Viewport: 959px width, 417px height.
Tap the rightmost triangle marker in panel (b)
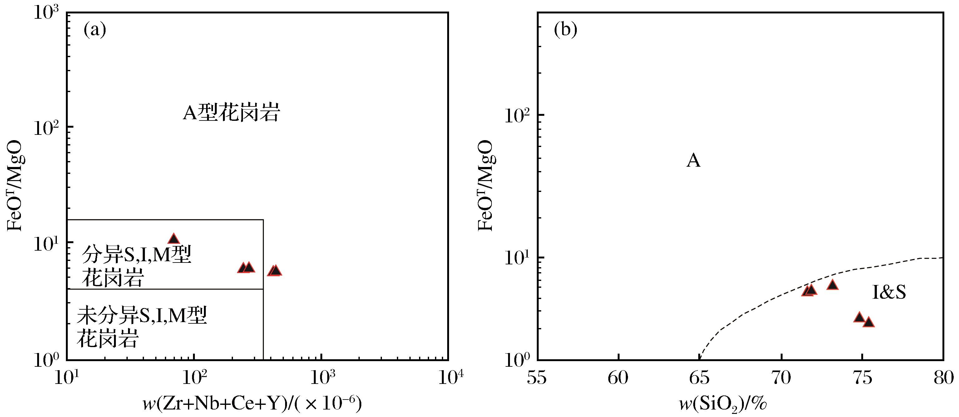point(868,322)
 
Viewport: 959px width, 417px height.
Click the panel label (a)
point(95,30)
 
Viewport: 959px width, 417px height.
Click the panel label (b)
point(565,30)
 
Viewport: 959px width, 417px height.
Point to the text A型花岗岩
point(231,113)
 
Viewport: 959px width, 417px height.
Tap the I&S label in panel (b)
point(889,292)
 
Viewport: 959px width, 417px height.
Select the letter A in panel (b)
point(693,161)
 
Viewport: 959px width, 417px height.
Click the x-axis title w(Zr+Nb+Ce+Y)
point(252,404)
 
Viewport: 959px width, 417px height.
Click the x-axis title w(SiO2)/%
point(723,404)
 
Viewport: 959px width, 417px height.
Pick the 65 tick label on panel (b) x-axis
point(699,378)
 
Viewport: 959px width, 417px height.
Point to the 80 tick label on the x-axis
point(943,378)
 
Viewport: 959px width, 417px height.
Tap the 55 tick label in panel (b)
point(537,378)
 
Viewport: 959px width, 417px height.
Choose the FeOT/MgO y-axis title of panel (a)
point(16,185)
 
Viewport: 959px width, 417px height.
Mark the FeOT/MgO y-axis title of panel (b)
point(486,185)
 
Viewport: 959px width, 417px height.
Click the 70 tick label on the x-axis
point(781,378)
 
